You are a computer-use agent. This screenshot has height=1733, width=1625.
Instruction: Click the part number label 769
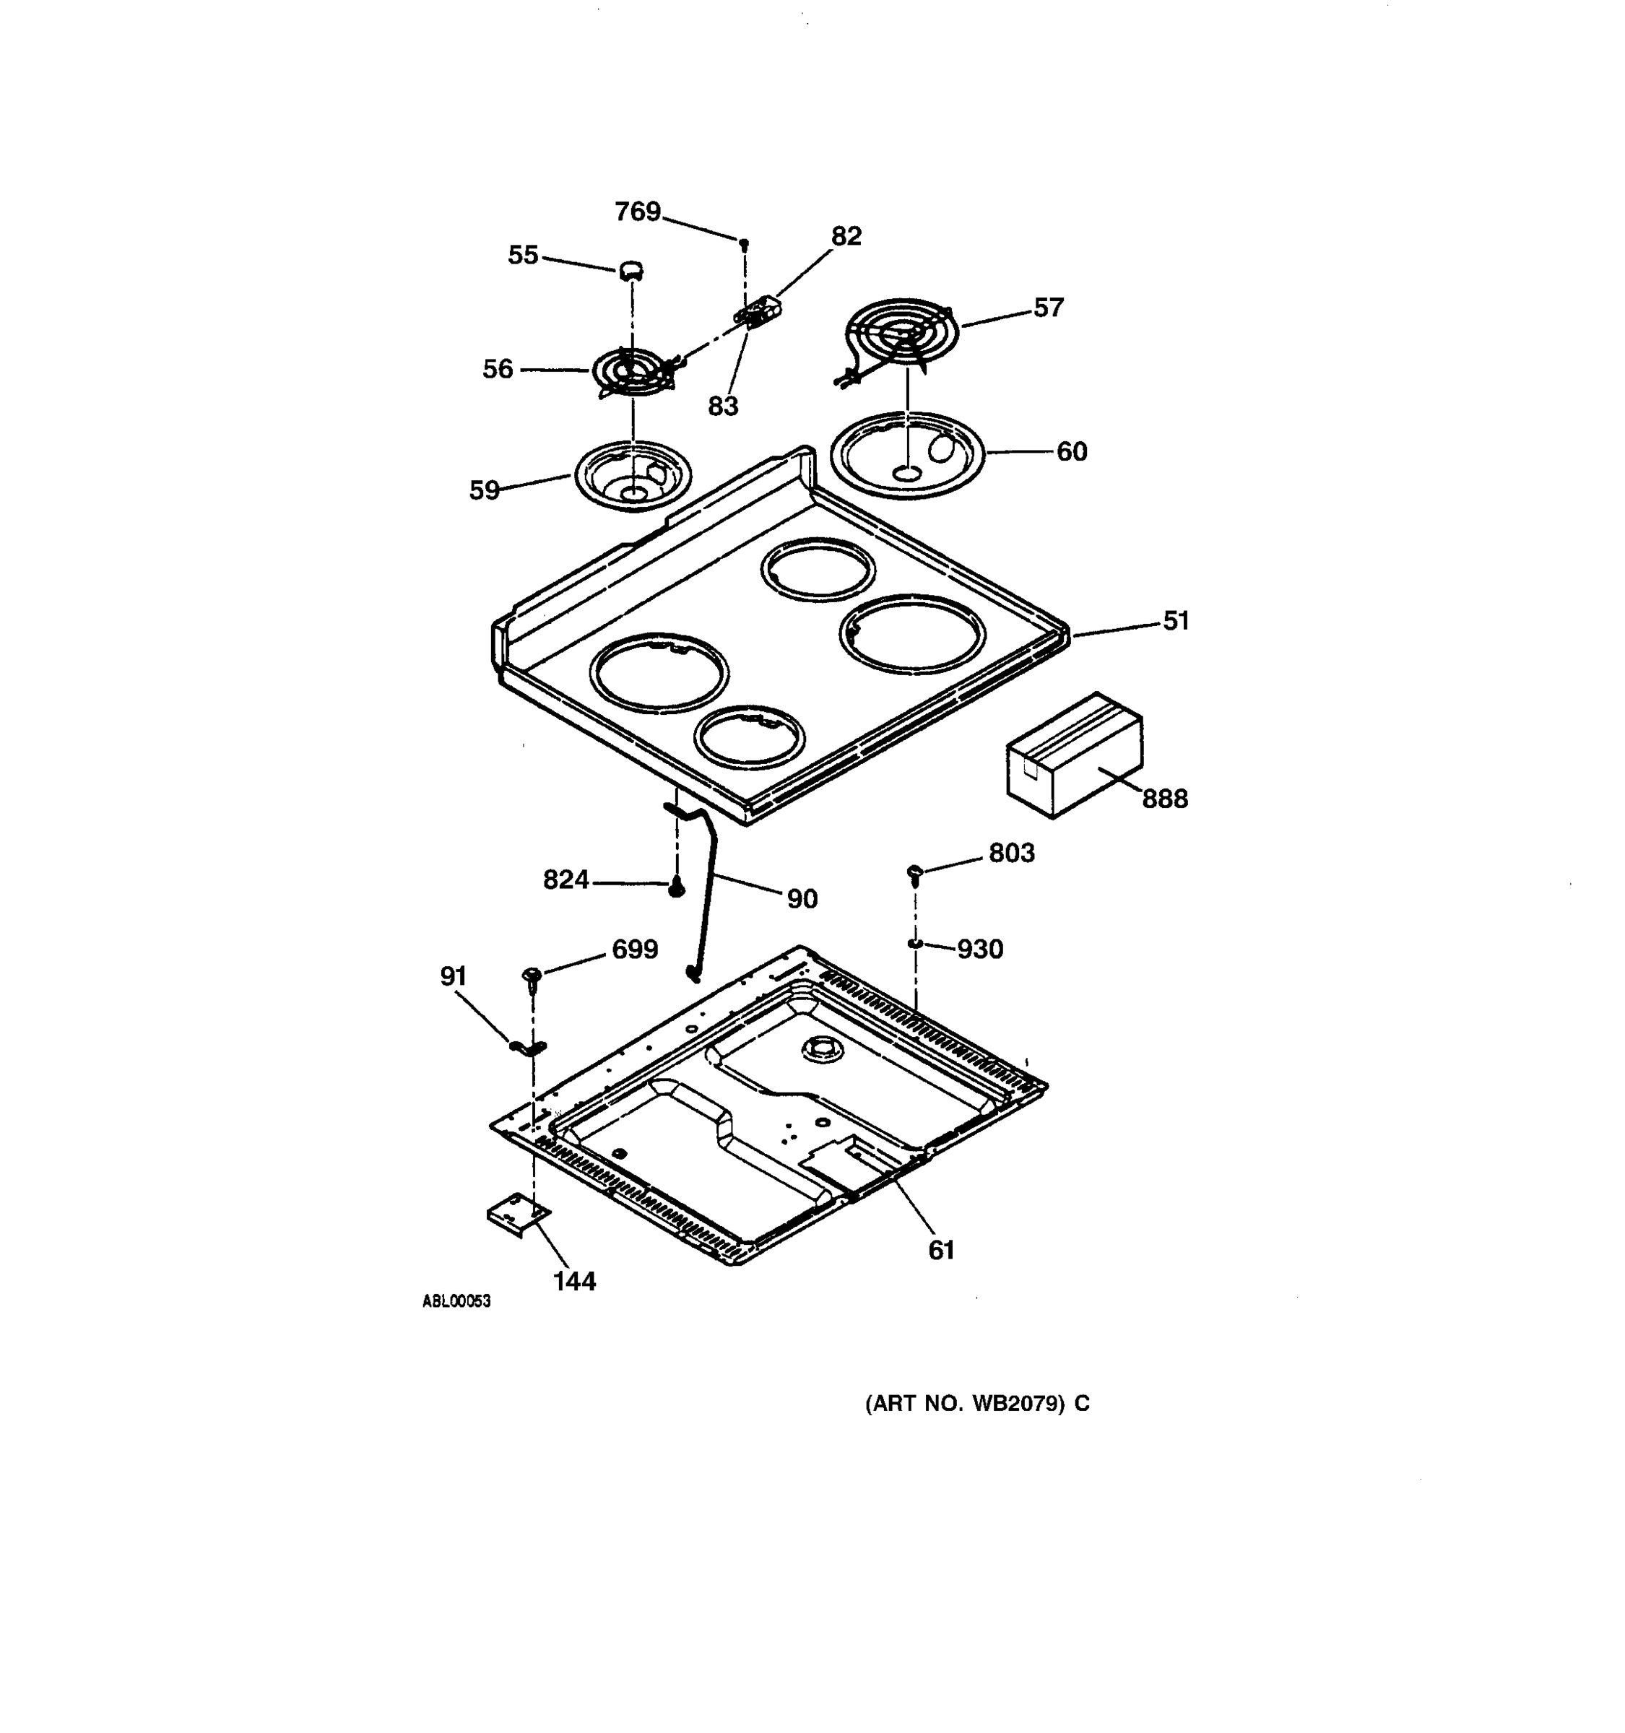637,212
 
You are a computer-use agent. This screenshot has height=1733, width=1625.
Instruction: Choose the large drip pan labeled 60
906,454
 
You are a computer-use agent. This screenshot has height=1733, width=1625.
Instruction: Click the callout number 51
1176,621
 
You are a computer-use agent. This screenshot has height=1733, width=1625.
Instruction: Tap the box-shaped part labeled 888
1074,757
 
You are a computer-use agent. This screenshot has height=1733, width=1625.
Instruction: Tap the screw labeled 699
532,976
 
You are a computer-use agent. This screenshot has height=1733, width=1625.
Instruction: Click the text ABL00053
456,1301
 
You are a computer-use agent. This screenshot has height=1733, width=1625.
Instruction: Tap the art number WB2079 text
976,1404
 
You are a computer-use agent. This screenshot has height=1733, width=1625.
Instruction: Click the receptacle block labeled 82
758,311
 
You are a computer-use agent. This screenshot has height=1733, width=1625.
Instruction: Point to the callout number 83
723,407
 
